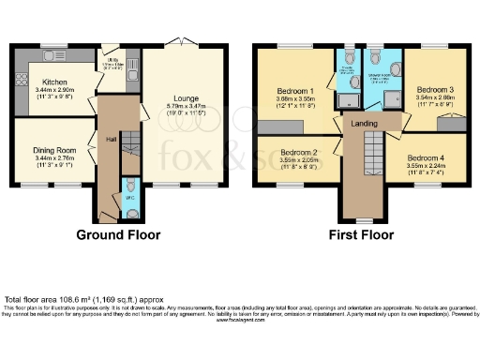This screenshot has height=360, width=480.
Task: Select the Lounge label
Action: pyautogui.click(x=183, y=96)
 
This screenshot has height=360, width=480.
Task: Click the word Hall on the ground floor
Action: pyautogui.click(x=111, y=142)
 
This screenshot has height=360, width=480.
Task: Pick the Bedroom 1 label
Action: pyautogui.click(x=295, y=91)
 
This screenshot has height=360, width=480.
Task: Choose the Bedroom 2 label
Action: pyautogui.click(x=299, y=152)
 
